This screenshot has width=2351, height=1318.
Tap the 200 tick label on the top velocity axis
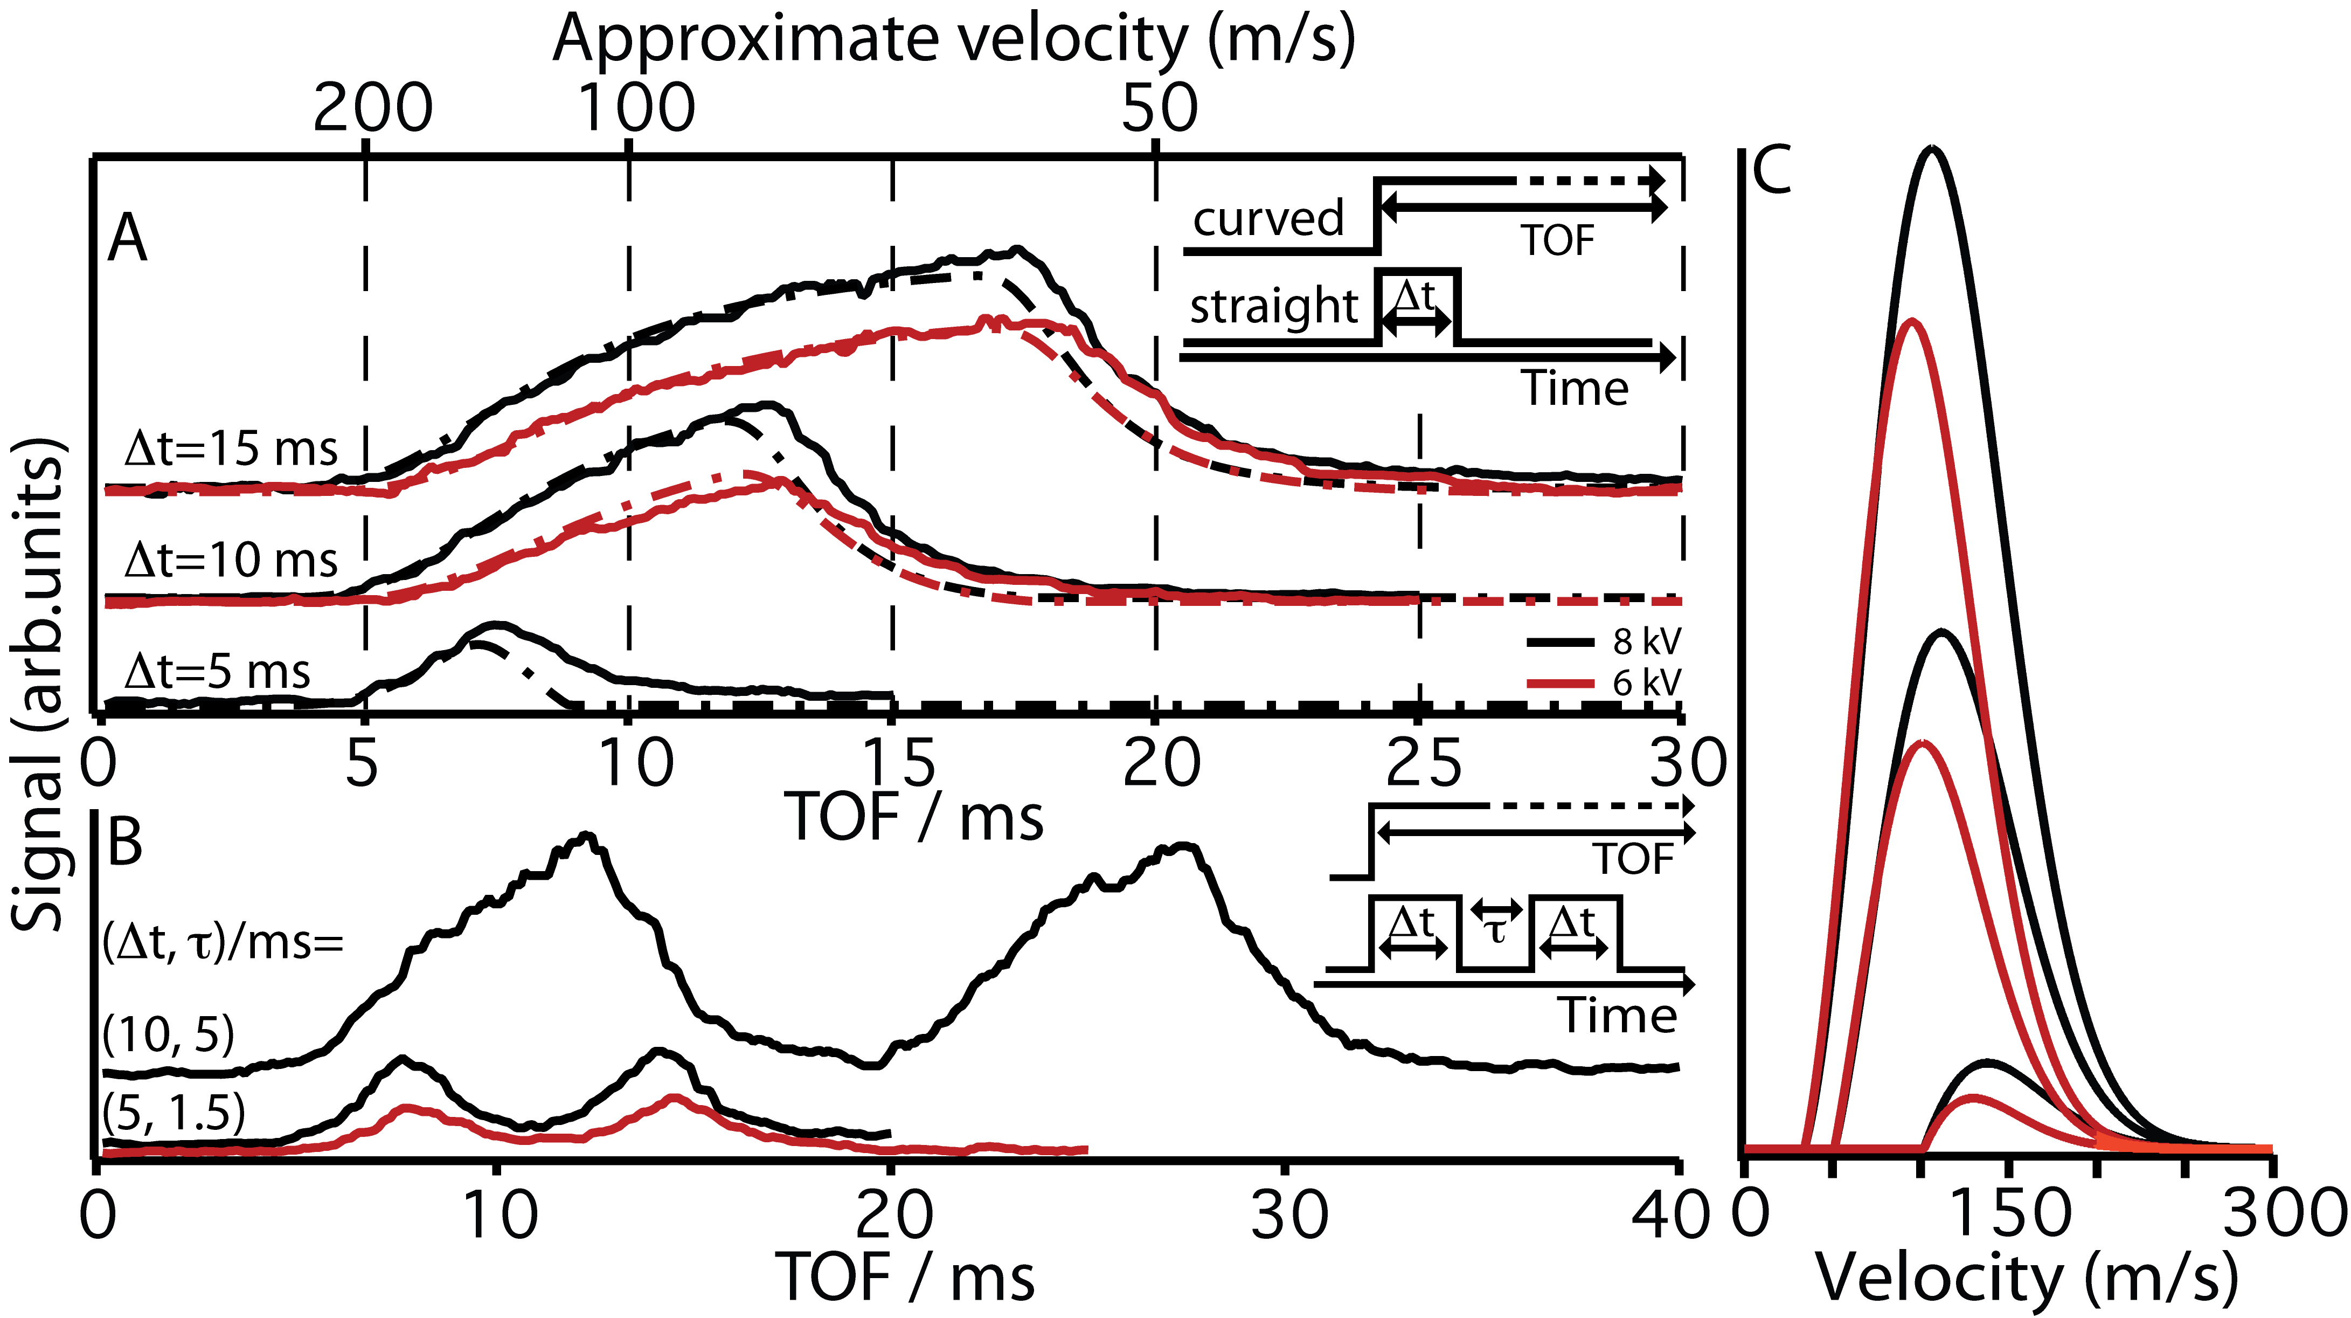[x=372, y=108]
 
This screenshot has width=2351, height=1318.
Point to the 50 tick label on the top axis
[x=1159, y=108]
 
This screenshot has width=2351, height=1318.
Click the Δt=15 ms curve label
[x=231, y=449]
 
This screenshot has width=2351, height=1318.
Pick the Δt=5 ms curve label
[x=217, y=672]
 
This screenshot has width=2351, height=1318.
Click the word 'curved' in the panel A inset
[x=1268, y=219]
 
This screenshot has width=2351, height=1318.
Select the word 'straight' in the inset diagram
[x=1274, y=306]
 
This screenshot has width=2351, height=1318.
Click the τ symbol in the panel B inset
[x=1494, y=930]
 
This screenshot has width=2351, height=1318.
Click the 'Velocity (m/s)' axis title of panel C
[x=2026, y=1278]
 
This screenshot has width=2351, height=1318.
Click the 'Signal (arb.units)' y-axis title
[x=38, y=685]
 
